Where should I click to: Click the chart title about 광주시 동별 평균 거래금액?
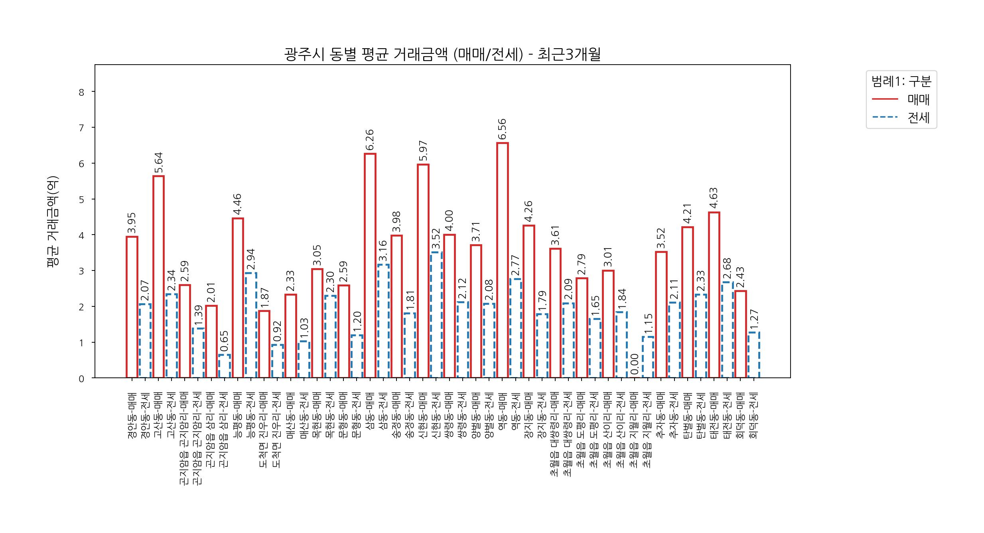(442, 55)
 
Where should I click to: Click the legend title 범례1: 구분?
(901, 81)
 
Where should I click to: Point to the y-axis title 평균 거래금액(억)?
(53, 221)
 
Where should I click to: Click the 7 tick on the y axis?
(82, 128)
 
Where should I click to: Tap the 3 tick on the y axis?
(82, 271)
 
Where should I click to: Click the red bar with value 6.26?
(370, 265)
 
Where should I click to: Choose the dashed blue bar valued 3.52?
(436, 315)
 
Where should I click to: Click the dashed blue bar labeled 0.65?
(224, 366)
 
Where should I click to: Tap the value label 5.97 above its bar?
(423, 151)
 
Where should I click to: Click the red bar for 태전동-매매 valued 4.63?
(714, 295)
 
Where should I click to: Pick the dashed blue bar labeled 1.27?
(753, 355)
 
